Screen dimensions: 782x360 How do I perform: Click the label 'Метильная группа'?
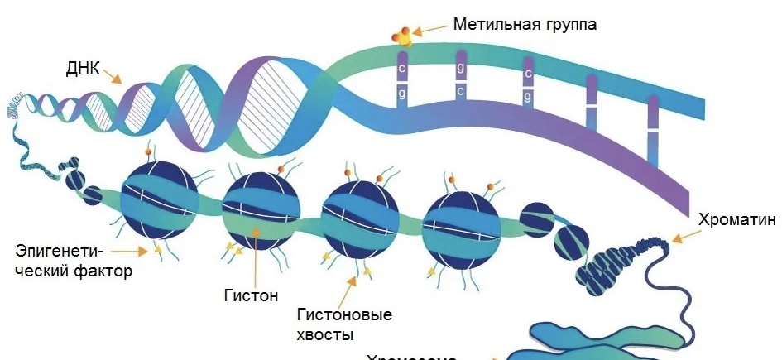click(x=525, y=24)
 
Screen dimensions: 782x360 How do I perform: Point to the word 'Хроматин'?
click(x=737, y=219)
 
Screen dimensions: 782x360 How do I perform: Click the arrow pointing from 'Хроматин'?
click(x=683, y=237)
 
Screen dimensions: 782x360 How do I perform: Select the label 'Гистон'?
click(x=251, y=295)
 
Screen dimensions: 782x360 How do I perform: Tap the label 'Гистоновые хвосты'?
click(x=343, y=324)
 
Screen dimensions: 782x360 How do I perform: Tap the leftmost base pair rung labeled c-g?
click(x=401, y=83)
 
